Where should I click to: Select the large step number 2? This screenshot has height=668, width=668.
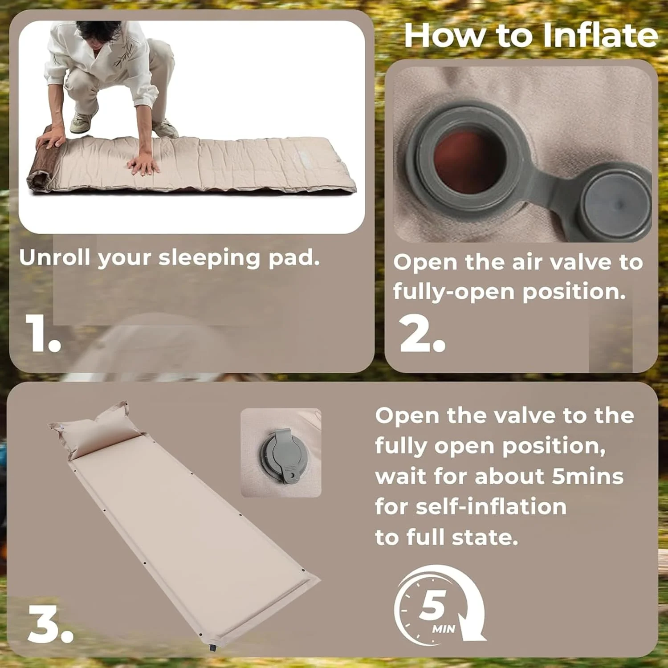pos(422,334)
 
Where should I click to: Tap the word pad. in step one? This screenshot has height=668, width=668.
pos(294,257)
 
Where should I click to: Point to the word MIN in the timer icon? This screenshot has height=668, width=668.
pos(444,629)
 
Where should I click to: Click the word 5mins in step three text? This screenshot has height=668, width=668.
pos(588,476)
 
